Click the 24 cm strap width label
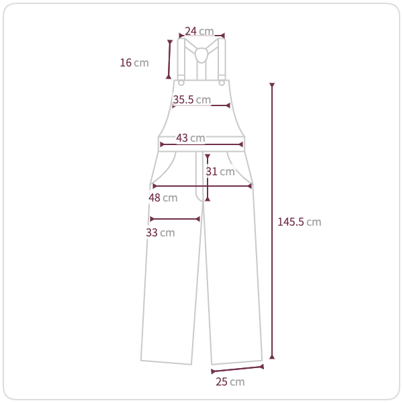(199, 31)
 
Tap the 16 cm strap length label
(134, 62)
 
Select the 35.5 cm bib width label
(191, 99)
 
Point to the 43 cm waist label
(191, 138)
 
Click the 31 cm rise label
(220, 171)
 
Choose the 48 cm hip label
(163, 197)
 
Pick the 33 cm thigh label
(161, 232)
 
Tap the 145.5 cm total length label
(300, 222)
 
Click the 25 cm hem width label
(230, 382)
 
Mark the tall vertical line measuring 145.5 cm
(272, 221)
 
